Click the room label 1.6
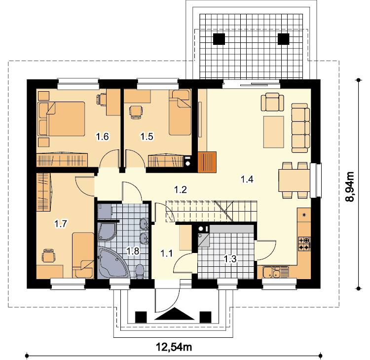click(103, 137)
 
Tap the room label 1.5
click(147, 137)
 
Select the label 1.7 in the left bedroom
click(61, 223)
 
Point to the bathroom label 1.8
click(133, 251)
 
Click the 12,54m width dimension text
click(174, 347)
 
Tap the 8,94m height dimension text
click(350, 186)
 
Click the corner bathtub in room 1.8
click(113, 262)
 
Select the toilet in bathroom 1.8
click(140, 272)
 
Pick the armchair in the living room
click(272, 102)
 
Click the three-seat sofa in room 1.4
click(300, 128)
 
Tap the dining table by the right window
click(294, 180)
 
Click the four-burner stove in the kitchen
click(304, 244)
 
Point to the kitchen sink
click(275, 272)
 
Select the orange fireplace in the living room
click(207, 162)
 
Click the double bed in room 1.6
click(61, 119)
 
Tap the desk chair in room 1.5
click(136, 112)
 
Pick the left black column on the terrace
click(219, 39)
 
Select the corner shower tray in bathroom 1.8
click(107, 232)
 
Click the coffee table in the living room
click(274, 132)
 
